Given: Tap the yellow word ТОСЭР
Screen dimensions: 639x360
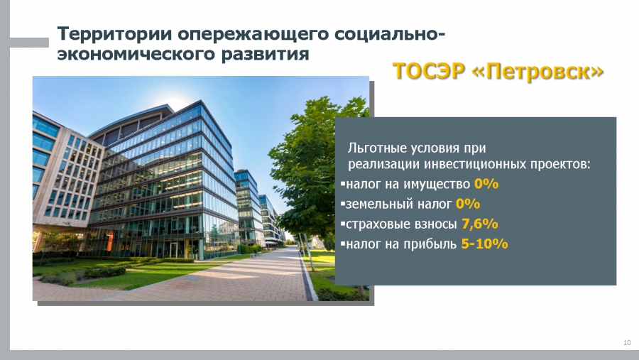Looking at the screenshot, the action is (429, 71).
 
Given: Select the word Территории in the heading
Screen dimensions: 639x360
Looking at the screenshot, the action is (115, 33).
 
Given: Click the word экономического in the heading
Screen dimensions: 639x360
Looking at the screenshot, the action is (136, 54).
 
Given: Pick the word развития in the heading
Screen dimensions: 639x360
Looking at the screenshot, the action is (265, 54).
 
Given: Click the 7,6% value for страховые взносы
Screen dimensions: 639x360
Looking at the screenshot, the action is (480, 224).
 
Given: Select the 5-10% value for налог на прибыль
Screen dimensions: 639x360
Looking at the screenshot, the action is (484, 244).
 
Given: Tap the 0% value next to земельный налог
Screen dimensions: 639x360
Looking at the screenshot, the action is (468, 204).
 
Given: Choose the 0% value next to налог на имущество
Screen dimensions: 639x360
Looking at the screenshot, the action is (486, 184).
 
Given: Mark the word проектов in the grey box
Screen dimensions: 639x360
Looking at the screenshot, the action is (560, 165).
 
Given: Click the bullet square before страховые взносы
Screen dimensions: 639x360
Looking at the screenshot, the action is (343, 224).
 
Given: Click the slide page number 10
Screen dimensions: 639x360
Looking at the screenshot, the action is (627, 342).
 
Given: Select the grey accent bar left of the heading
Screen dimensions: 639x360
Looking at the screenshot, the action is (29, 43).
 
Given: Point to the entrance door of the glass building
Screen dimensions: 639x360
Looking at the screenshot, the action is (174, 249).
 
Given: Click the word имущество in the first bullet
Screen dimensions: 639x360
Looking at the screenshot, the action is (437, 185).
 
